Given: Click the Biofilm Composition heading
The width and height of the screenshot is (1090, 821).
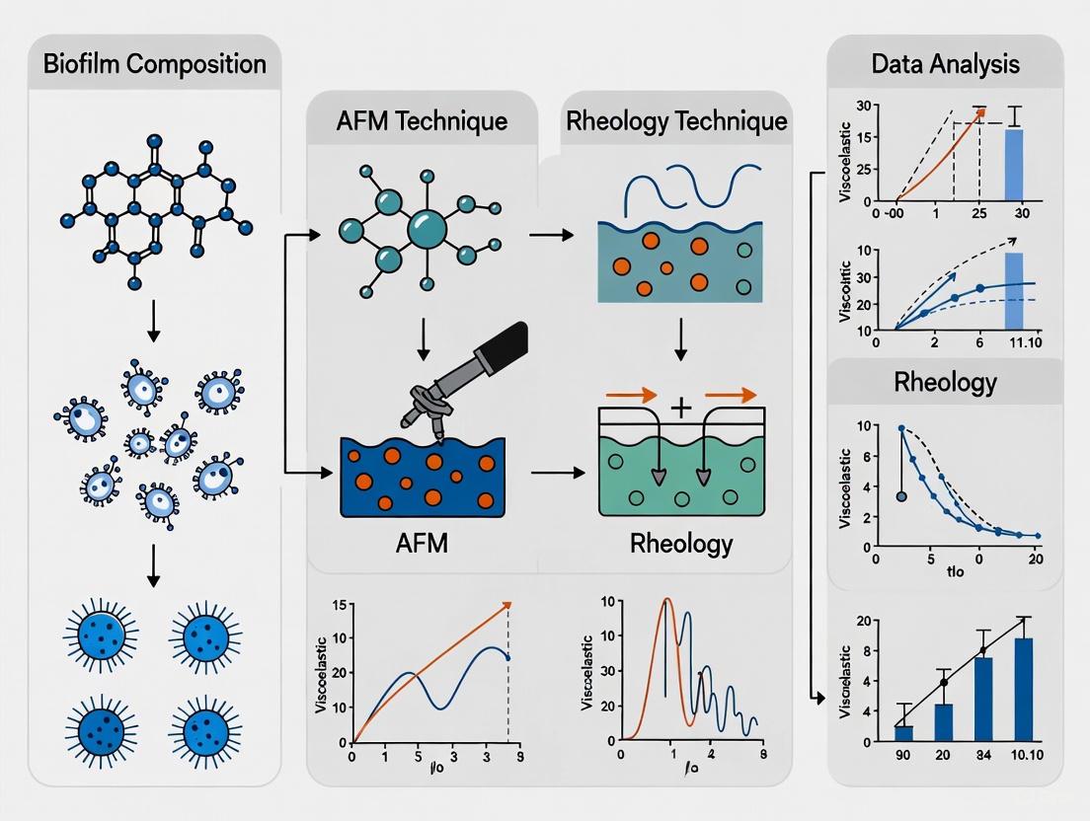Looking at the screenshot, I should click(x=154, y=65).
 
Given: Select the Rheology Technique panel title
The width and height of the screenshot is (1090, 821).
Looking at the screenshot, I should click(x=676, y=121).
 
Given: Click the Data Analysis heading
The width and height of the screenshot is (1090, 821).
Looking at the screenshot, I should click(x=945, y=65).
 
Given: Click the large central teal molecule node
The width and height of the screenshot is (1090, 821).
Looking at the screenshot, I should click(x=427, y=229).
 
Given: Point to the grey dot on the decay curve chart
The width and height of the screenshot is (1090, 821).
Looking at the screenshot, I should click(x=900, y=496).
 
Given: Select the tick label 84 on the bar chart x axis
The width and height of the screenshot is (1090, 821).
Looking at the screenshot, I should click(x=983, y=757).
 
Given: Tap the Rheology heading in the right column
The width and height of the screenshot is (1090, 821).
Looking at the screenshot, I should click(x=945, y=382).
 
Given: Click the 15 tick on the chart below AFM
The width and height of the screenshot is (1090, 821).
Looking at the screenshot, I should click(x=338, y=603).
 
